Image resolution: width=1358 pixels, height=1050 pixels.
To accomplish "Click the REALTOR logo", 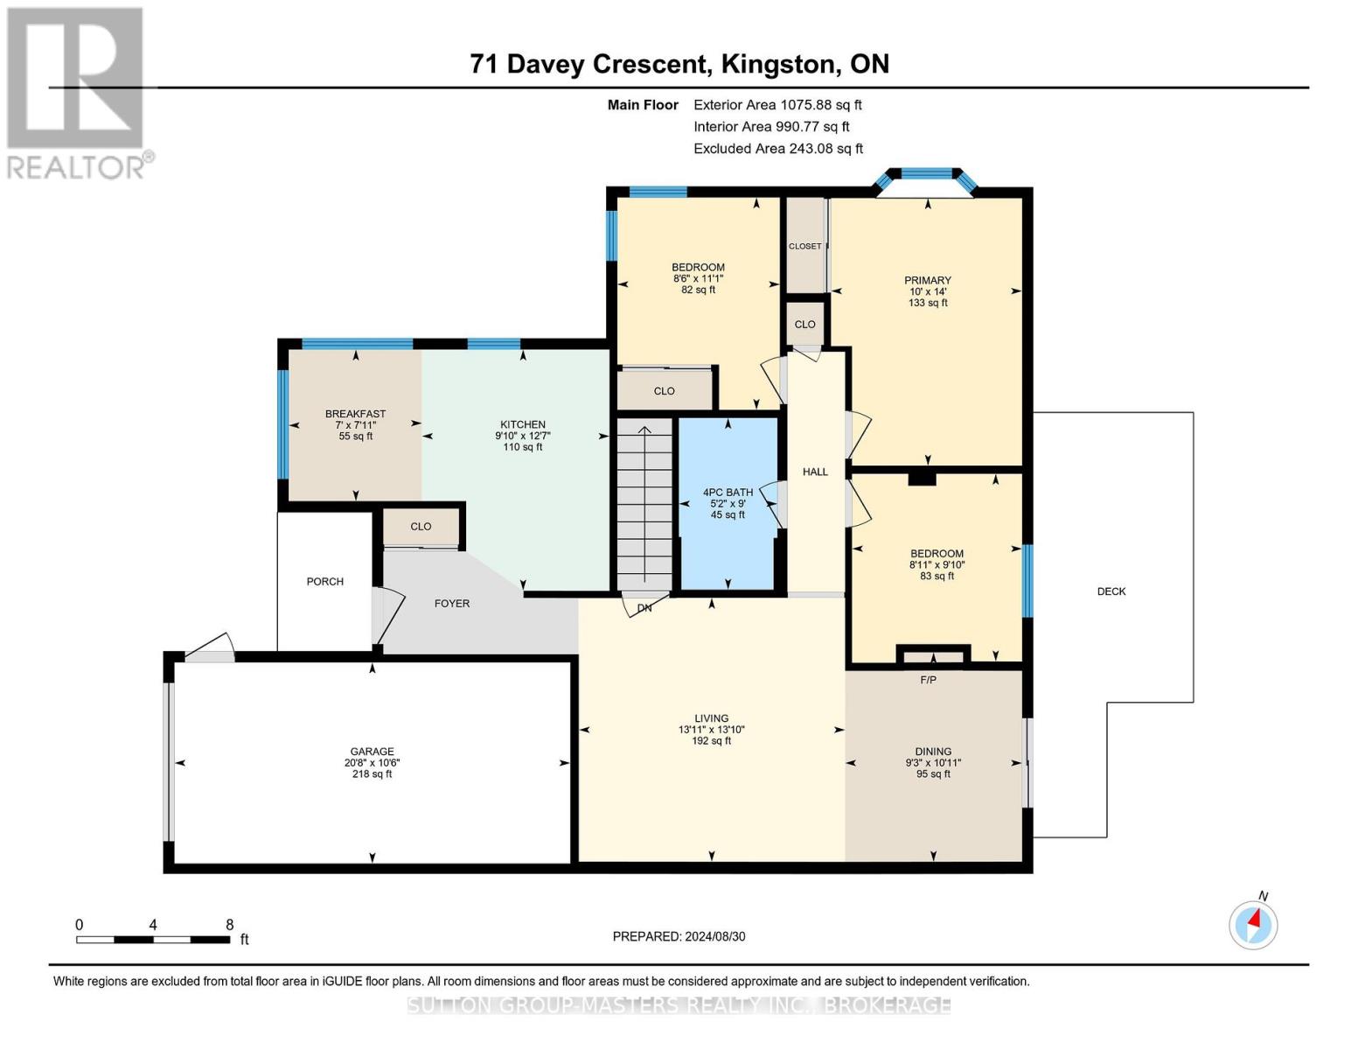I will pos(77,92).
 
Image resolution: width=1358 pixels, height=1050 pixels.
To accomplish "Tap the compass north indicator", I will pos(1253,923).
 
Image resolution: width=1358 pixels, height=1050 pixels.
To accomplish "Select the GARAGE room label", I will pos(372,751).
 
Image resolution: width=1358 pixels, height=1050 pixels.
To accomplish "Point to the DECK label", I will pos(1111,591).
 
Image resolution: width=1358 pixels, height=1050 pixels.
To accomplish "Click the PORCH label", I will pos(324,581).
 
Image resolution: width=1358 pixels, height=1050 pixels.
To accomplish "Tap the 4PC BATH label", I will pos(728,493).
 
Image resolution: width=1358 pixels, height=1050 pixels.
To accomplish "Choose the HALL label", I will pos(815,472).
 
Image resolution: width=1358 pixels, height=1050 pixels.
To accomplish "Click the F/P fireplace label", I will pos(928,680).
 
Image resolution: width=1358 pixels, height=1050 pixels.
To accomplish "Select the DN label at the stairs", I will pos(644,607).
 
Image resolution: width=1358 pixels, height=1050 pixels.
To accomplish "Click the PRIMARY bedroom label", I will pos(927,280).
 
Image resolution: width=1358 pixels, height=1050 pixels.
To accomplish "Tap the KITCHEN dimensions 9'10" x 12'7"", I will pos(523,436).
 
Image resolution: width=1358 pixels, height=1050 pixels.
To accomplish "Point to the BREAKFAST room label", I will pos(355,414).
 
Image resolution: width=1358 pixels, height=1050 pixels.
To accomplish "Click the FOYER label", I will pos(452,603).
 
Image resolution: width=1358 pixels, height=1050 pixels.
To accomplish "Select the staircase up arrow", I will pos(644,430).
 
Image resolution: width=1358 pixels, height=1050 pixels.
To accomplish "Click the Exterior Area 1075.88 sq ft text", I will pos(777,105).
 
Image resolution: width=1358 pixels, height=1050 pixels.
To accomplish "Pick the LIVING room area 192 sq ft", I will pos(711,741).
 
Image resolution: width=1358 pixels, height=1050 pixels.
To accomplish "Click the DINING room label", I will pos(933,751).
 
